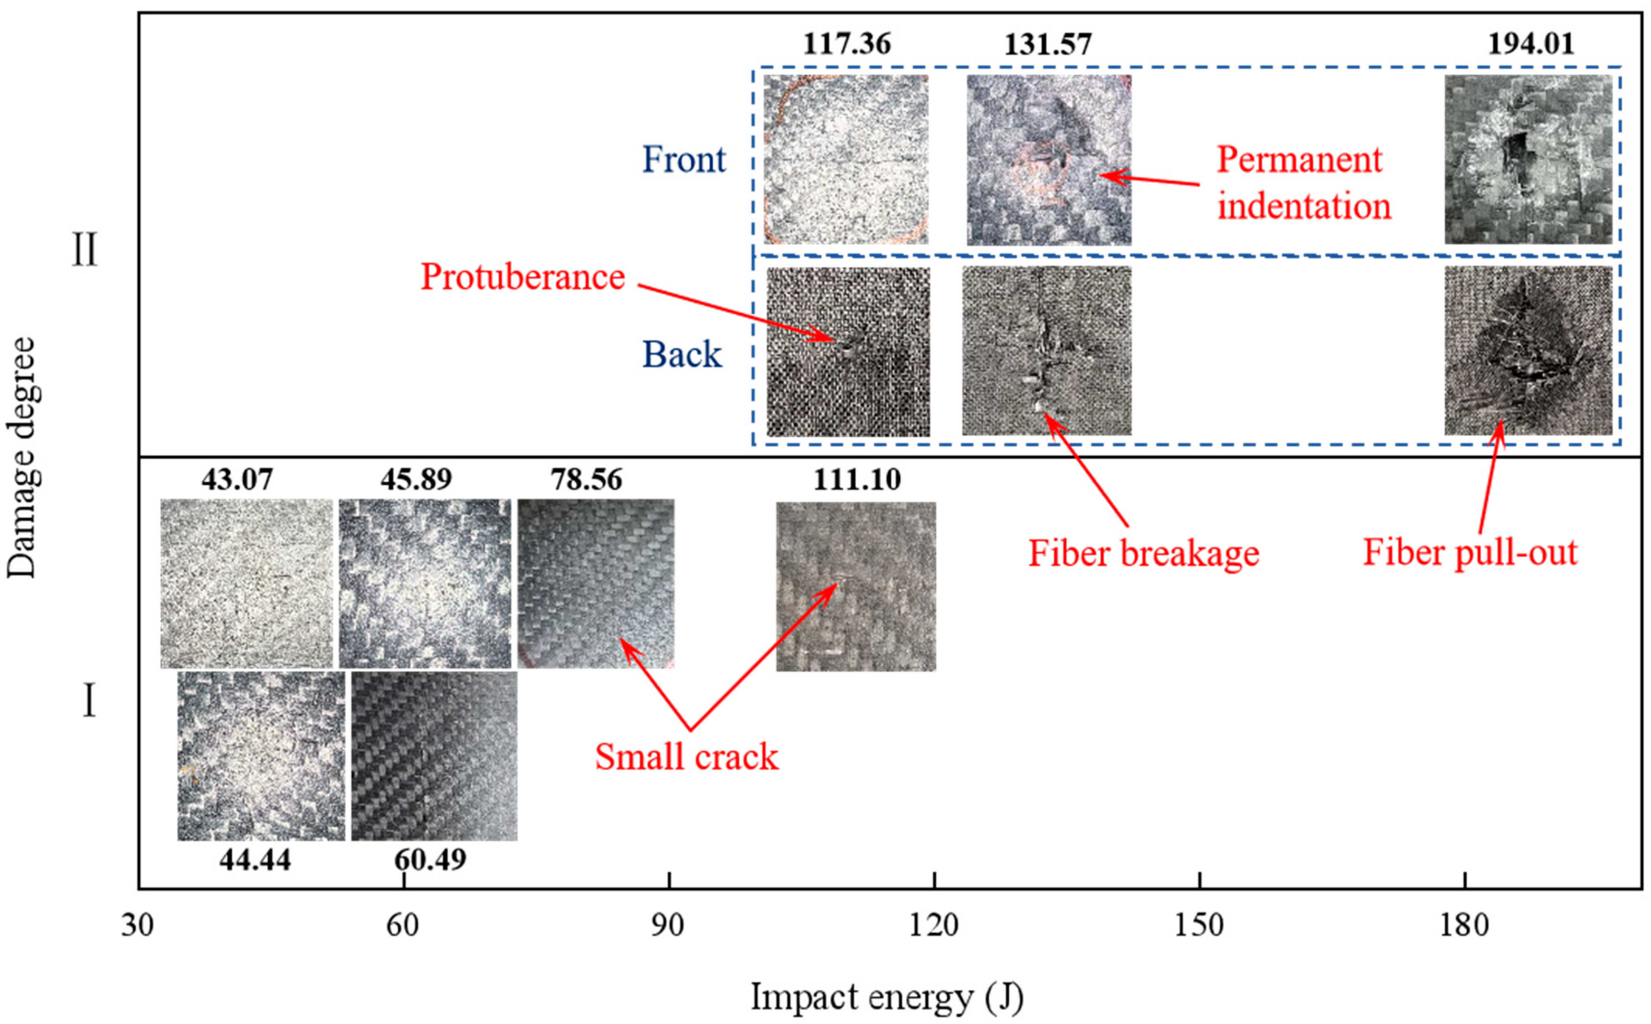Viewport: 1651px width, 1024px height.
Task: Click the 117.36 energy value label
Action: pos(847,45)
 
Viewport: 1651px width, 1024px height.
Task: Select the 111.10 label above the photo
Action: pos(857,480)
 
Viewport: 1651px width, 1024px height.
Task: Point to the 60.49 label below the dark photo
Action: pos(430,860)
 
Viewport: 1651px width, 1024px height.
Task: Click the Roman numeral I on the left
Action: pos(88,701)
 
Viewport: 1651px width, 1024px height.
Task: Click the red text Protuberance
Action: pos(522,277)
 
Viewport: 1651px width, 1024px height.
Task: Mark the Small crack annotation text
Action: pos(687,757)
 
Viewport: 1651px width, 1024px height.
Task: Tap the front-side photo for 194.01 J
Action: pos(1528,160)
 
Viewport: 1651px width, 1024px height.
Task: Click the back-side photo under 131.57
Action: pos(1046,351)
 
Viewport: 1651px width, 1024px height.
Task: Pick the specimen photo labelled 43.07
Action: pos(247,584)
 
